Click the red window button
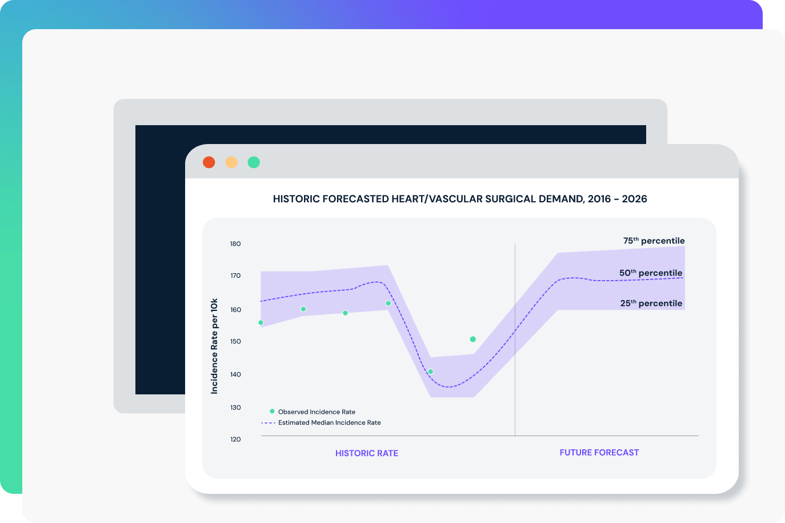(209, 162)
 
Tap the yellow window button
(231, 162)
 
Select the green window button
(254, 162)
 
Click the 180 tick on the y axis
(235, 244)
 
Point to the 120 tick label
(235, 440)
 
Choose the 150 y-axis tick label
(235, 342)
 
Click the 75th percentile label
(654, 241)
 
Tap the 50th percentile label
(651, 273)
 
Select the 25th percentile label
(651, 304)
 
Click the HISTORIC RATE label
(366, 453)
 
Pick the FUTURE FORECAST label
(599, 453)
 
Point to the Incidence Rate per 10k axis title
(214, 346)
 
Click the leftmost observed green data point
(261, 323)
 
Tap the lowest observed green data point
(431, 372)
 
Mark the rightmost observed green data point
(472, 340)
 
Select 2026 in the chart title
(634, 199)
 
